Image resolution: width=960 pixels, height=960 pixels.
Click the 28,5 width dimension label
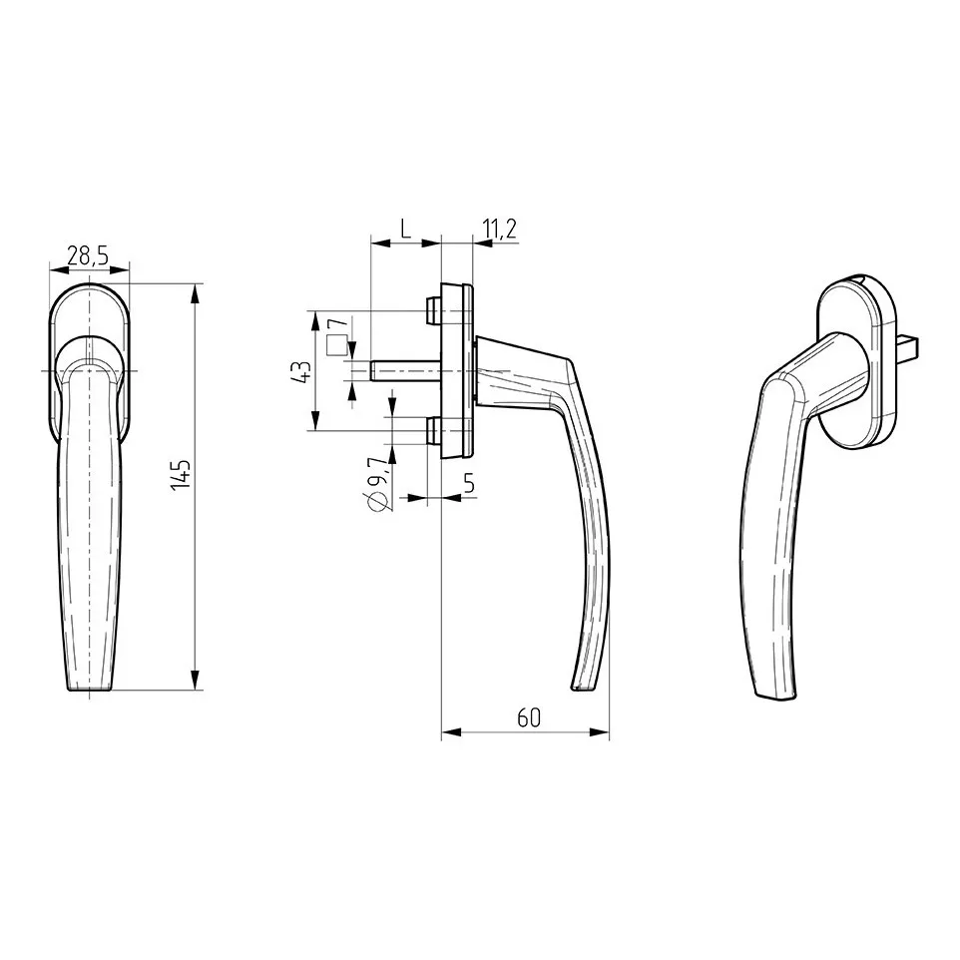(87, 255)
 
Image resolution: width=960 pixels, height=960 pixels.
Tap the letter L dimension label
(405, 228)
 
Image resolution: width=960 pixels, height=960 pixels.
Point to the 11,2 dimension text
(499, 229)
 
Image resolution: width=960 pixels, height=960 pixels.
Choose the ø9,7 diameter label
(379, 484)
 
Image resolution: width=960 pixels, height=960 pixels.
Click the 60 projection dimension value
(528, 718)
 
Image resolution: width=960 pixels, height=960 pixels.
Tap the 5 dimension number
(469, 484)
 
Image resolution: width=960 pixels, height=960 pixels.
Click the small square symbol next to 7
(335, 346)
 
